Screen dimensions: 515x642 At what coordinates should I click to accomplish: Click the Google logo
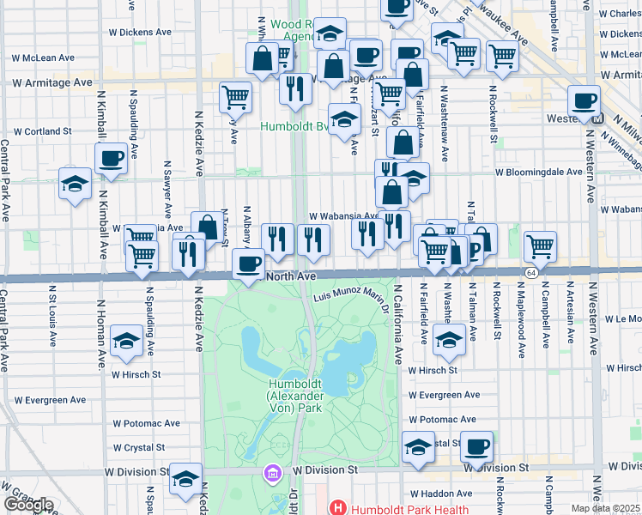click(x=28, y=505)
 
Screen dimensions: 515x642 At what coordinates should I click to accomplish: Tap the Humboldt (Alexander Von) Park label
click(x=294, y=397)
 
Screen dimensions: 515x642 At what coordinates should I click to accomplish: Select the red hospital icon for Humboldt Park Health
click(x=337, y=508)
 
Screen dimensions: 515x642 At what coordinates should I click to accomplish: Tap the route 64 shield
click(x=532, y=272)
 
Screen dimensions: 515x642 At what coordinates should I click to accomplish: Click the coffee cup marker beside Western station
click(x=584, y=100)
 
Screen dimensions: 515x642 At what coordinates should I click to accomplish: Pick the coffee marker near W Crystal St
click(x=476, y=446)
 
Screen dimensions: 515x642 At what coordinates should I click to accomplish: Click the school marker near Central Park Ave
click(x=75, y=184)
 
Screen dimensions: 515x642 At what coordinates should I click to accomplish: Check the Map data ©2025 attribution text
click(x=606, y=508)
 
